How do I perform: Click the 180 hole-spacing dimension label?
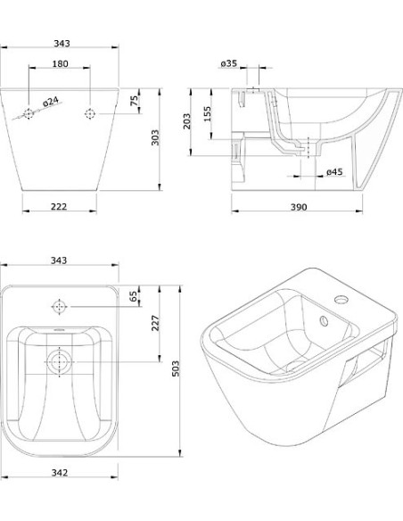tap(60, 63)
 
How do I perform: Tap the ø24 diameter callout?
tap(51, 102)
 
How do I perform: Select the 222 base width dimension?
tap(59, 207)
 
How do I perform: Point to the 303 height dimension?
tap(155, 137)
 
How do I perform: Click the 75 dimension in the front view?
tap(134, 101)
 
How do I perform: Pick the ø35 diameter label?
tap(229, 63)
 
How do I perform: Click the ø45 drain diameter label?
tap(334, 172)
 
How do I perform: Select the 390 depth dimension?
tap(299, 207)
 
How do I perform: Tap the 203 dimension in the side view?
tap(187, 121)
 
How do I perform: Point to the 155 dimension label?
tap(207, 114)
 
